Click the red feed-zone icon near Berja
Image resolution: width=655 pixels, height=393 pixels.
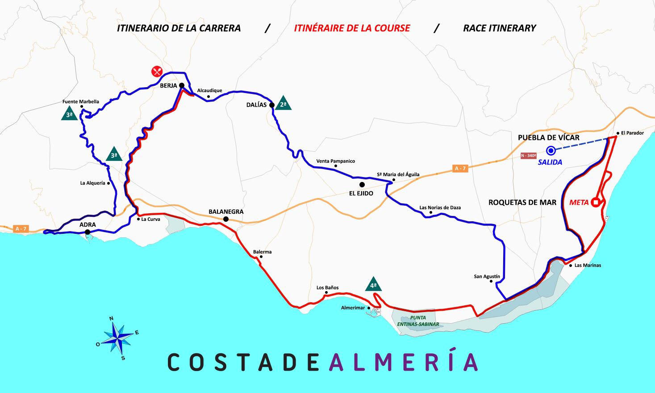click(156, 71)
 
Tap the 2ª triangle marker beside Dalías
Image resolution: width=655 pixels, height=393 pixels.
click(283, 104)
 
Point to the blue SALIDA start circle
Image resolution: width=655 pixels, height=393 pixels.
click(551, 151)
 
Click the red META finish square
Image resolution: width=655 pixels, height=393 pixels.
click(595, 202)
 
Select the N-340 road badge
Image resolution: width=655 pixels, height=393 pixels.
click(529, 156)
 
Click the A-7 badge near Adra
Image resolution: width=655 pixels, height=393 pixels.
click(21, 228)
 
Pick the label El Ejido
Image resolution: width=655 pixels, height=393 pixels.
click(361, 193)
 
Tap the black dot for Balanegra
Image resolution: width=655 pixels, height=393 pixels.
click(226, 219)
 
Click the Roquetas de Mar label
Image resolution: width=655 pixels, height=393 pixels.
click(522, 202)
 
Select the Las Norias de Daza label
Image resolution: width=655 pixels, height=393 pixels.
click(440, 207)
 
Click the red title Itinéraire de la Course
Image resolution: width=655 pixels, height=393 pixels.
click(352, 28)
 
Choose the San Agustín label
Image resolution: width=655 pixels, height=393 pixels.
click(487, 276)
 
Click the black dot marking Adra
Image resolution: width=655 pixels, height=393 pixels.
click(88, 232)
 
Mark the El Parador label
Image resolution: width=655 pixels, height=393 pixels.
click(632, 133)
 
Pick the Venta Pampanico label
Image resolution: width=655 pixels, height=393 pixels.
click(335, 161)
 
